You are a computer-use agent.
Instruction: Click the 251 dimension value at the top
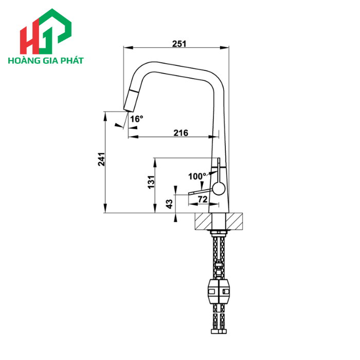point(179,44)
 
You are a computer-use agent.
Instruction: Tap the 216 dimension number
point(181,133)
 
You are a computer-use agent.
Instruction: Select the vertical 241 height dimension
point(101,160)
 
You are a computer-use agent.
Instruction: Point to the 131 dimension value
point(151,182)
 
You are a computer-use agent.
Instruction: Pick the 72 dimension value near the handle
point(202,199)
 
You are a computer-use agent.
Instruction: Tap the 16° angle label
point(136,119)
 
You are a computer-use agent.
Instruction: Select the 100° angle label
point(196,176)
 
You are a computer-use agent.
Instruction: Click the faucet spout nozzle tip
point(127,107)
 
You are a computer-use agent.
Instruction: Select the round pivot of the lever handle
point(219,189)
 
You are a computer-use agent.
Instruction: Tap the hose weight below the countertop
point(220,292)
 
